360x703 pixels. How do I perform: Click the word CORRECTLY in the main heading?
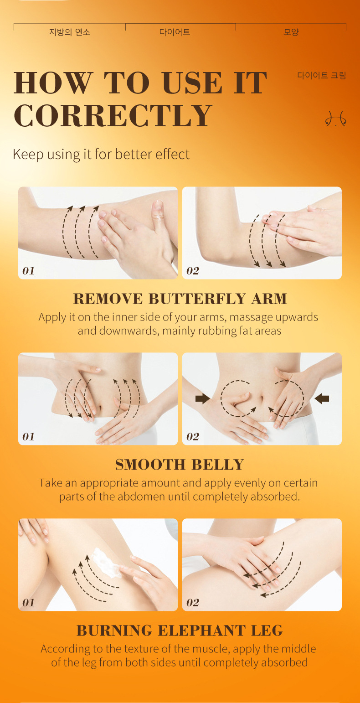pyautogui.click(x=113, y=116)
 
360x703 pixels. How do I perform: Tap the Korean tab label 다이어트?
pyautogui.click(x=175, y=32)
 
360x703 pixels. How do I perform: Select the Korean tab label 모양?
pyautogui.click(x=291, y=32)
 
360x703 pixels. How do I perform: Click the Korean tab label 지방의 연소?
pyautogui.click(x=69, y=32)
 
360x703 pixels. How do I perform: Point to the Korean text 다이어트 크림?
pyautogui.click(x=321, y=75)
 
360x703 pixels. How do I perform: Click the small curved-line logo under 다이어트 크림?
pyautogui.click(x=335, y=119)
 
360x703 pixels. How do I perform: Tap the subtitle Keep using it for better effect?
pyautogui.click(x=101, y=154)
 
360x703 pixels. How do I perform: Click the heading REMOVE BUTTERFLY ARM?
pyautogui.click(x=180, y=299)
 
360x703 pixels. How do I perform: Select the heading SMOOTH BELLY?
pyautogui.click(x=180, y=465)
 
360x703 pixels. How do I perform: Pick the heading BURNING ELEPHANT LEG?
pyautogui.click(x=180, y=631)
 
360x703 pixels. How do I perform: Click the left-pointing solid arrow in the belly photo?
pyautogui.click(x=322, y=399)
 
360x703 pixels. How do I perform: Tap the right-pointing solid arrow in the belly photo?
pyautogui.click(x=202, y=399)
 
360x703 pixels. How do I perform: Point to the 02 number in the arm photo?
pyautogui.click(x=193, y=271)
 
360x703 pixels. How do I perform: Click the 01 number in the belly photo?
pyautogui.click(x=28, y=437)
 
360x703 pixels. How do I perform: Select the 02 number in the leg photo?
pyautogui.click(x=193, y=603)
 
